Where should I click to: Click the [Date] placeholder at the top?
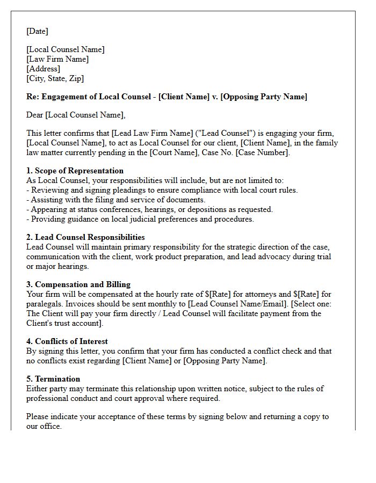[x=37, y=31]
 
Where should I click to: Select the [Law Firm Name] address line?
[x=57, y=59]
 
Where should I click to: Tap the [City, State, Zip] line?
[x=55, y=78]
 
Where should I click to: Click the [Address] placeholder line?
[x=43, y=69]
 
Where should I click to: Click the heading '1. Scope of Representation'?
[x=75, y=171]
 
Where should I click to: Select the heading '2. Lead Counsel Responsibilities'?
[x=85, y=237]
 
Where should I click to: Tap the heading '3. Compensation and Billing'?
[x=78, y=284]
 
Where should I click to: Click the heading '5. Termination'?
[x=53, y=379]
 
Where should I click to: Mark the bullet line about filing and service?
[x=116, y=200]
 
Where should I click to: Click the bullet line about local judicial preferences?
[x=140, y=219]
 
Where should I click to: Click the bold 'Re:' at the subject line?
[x=32, y=97]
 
